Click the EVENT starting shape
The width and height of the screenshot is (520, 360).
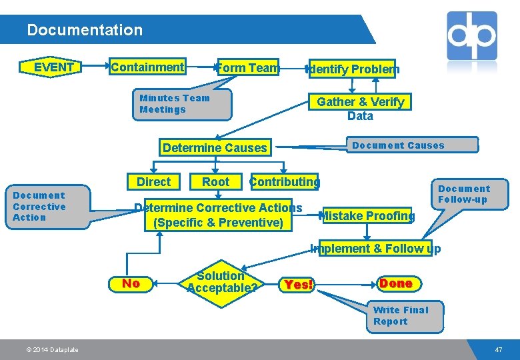tap(53, 67)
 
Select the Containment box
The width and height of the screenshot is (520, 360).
tap(147, 67)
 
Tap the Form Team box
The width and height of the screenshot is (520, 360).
tap(247, 67)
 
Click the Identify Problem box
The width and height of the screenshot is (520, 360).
tap(353, 69)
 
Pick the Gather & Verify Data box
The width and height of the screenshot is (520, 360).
tap(360, 108)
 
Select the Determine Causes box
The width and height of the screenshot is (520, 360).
tap(215, 148)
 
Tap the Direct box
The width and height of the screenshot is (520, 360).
tap(153, 182)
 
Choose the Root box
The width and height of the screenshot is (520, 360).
tap(215, 182)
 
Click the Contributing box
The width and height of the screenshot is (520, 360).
tap(284, 182)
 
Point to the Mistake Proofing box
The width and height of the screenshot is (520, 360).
tap(367, 215)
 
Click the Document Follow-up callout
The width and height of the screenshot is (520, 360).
tap(463, 194)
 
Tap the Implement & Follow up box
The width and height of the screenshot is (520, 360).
tap(376, 249)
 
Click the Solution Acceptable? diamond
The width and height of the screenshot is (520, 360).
tap(221, 282)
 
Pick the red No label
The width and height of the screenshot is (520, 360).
tap(131, 283)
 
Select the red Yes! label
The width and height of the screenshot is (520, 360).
tap(298, 285)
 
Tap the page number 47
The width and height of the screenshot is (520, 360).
tap(498, 349)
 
